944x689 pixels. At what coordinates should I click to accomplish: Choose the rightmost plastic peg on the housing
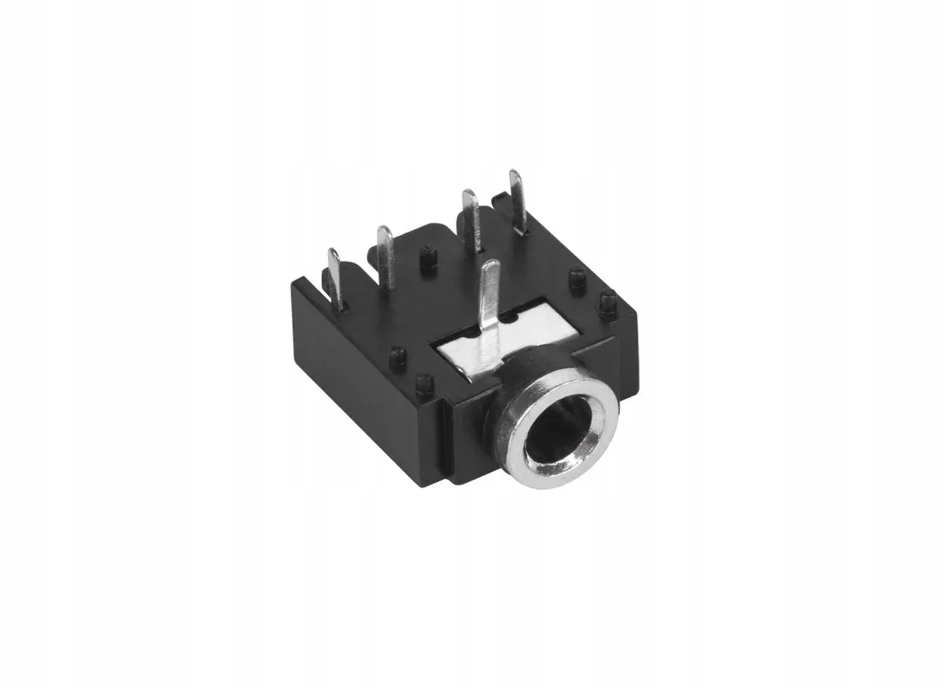point(608,302)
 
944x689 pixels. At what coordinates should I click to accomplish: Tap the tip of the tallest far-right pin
point(516,176)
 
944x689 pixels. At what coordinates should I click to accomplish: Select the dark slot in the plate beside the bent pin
point(513,320)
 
